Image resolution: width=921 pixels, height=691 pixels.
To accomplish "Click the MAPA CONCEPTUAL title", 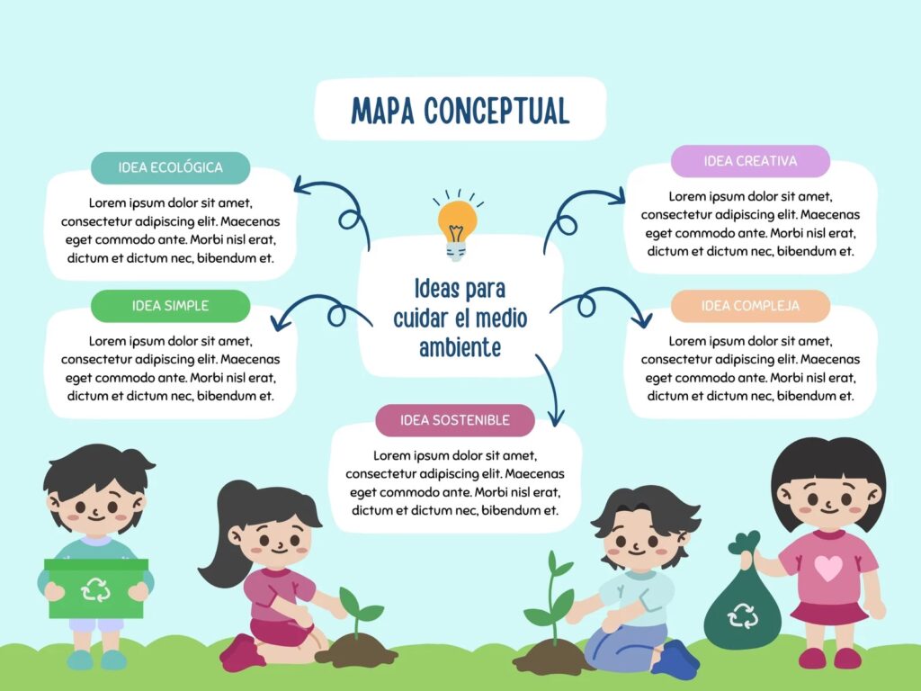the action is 460,111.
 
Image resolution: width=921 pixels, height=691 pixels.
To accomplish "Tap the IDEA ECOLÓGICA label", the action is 170,167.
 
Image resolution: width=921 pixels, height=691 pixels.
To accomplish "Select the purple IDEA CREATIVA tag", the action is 750,161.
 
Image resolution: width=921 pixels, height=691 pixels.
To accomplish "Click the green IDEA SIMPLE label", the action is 170,306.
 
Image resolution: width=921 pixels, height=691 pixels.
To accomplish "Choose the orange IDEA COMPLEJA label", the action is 750,306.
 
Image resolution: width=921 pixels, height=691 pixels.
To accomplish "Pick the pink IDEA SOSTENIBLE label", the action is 454,420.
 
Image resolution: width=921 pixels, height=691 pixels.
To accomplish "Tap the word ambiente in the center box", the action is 460,347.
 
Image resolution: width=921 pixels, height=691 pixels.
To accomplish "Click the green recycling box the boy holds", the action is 96,588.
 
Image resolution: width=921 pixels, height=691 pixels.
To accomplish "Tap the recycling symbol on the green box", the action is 95,589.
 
